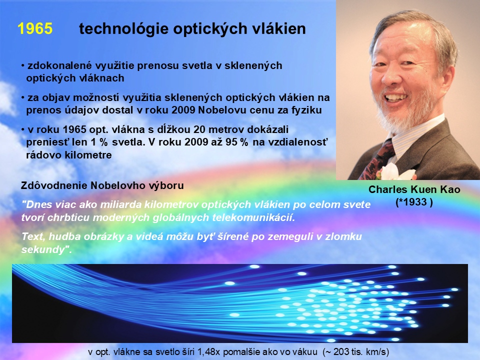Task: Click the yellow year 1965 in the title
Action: coord(35,28)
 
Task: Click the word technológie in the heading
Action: coord(123,29)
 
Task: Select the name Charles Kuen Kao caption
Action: coord(414,189)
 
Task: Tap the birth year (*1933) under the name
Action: coord(414,202)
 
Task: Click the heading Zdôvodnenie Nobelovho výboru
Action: coord(102,185)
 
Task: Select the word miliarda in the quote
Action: coord(122,204)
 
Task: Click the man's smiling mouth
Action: coord(396,98)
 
